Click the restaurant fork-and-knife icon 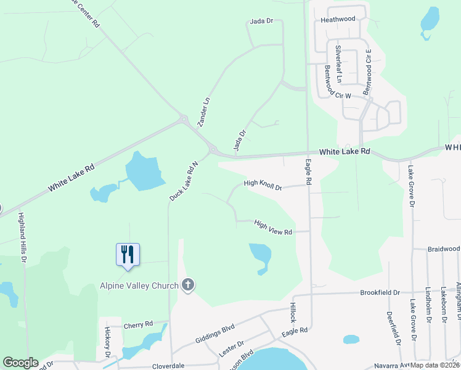128,253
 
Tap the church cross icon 189,285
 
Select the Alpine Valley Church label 139,286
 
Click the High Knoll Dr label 263,184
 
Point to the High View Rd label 272,228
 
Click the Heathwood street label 338,19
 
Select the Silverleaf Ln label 338,64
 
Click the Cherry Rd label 138,324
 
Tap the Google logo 20,363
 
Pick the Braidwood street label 444,249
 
